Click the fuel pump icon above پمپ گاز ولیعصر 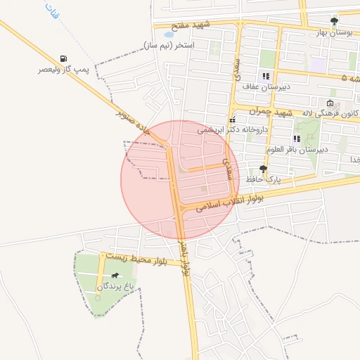(x=65, y=59)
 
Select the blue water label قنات (x=50, y=11)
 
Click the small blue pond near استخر (x=169, y=33)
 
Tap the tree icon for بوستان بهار (x=334, y=22)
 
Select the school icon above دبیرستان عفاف (x=266, y=76)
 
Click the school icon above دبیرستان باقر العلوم (x=297, y=139)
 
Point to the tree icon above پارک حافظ (x=263, y=169)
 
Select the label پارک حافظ (x=263, y=179)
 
